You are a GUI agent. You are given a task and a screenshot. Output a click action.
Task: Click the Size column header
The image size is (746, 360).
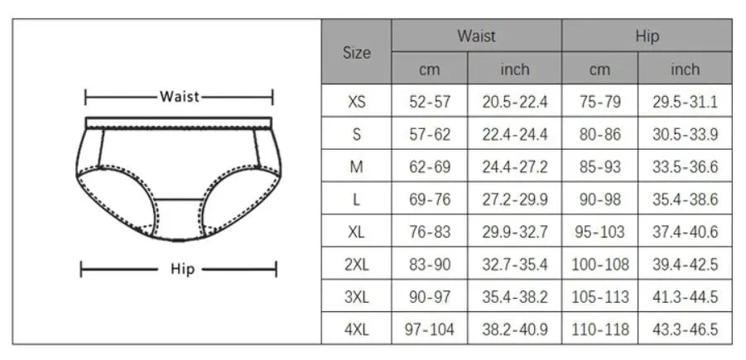coord(356,52)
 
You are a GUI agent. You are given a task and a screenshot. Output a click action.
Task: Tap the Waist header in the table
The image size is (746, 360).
coord(476,36)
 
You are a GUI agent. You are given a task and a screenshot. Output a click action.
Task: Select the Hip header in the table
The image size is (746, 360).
coord(647,36)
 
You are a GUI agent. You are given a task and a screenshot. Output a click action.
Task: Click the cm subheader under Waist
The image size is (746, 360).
coord(429,70)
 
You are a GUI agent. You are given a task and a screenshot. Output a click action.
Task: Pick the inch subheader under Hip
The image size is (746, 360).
coord(685,70)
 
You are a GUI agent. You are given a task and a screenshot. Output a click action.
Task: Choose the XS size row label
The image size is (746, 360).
coord(356,103)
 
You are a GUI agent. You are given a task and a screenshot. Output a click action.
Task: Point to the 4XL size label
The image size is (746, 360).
coord(356,329)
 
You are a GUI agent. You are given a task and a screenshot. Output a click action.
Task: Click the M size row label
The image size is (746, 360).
coord(356,167)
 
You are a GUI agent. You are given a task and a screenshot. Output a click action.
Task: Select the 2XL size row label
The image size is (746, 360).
coord(356,265)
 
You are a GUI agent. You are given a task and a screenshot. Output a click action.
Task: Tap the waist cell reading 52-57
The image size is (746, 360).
coord(430,103)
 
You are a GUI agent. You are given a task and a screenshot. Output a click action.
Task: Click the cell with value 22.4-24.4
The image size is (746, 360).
coord(514,135)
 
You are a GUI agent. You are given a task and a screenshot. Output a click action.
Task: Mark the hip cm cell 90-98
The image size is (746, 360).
coord(600,199)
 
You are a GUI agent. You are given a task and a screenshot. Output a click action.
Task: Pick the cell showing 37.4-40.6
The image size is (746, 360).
coord(685,233)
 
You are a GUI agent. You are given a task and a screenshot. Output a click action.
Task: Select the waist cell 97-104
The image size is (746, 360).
coord(430,329)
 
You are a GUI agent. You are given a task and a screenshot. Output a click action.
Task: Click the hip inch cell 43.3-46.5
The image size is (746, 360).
coord(685,329)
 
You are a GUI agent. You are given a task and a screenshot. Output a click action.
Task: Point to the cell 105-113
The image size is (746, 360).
coord(600,297)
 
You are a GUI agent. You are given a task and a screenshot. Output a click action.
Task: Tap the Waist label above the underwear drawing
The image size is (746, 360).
coord(180,97)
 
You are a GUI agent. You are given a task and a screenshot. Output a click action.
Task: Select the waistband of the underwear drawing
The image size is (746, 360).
coord(179,122)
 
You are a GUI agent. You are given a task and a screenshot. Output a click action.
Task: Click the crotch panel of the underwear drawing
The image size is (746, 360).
coord(177,218)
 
